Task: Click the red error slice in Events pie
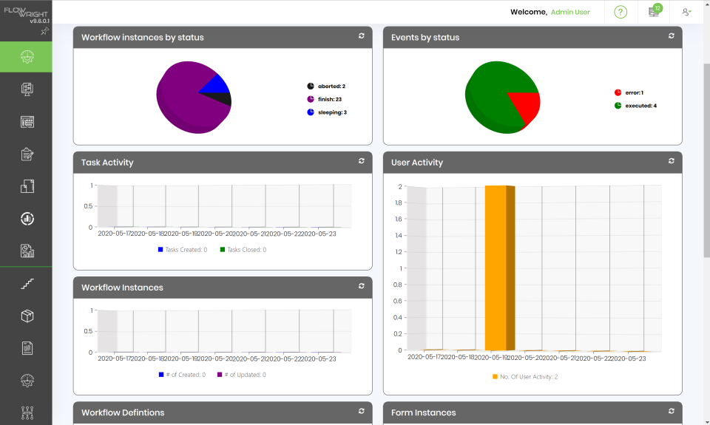coord(524,106)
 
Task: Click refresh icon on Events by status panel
coord(671,35)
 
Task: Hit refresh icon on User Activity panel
coord(671,160)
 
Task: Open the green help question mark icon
coord(621,12)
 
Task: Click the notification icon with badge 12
coord(654,12)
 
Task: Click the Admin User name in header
coord(570,12)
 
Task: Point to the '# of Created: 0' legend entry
coord(182,375)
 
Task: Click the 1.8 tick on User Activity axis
coord(397,220)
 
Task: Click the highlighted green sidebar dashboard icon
coord(26,57)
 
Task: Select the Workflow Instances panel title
coord(122,288)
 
